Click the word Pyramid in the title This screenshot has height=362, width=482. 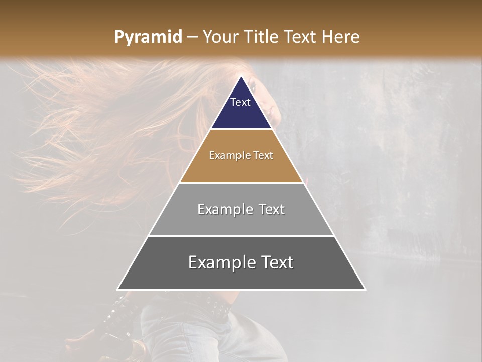coord(148,37)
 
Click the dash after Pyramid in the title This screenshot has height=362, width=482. coord(192,37)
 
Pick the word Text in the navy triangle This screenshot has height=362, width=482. coord(240,102)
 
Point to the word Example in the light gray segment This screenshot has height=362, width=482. coord(224,209)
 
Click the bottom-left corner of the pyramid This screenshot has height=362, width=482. coord(118,289)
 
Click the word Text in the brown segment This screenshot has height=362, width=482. coord(264,155)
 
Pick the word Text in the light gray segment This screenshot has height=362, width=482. coord(271,209)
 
